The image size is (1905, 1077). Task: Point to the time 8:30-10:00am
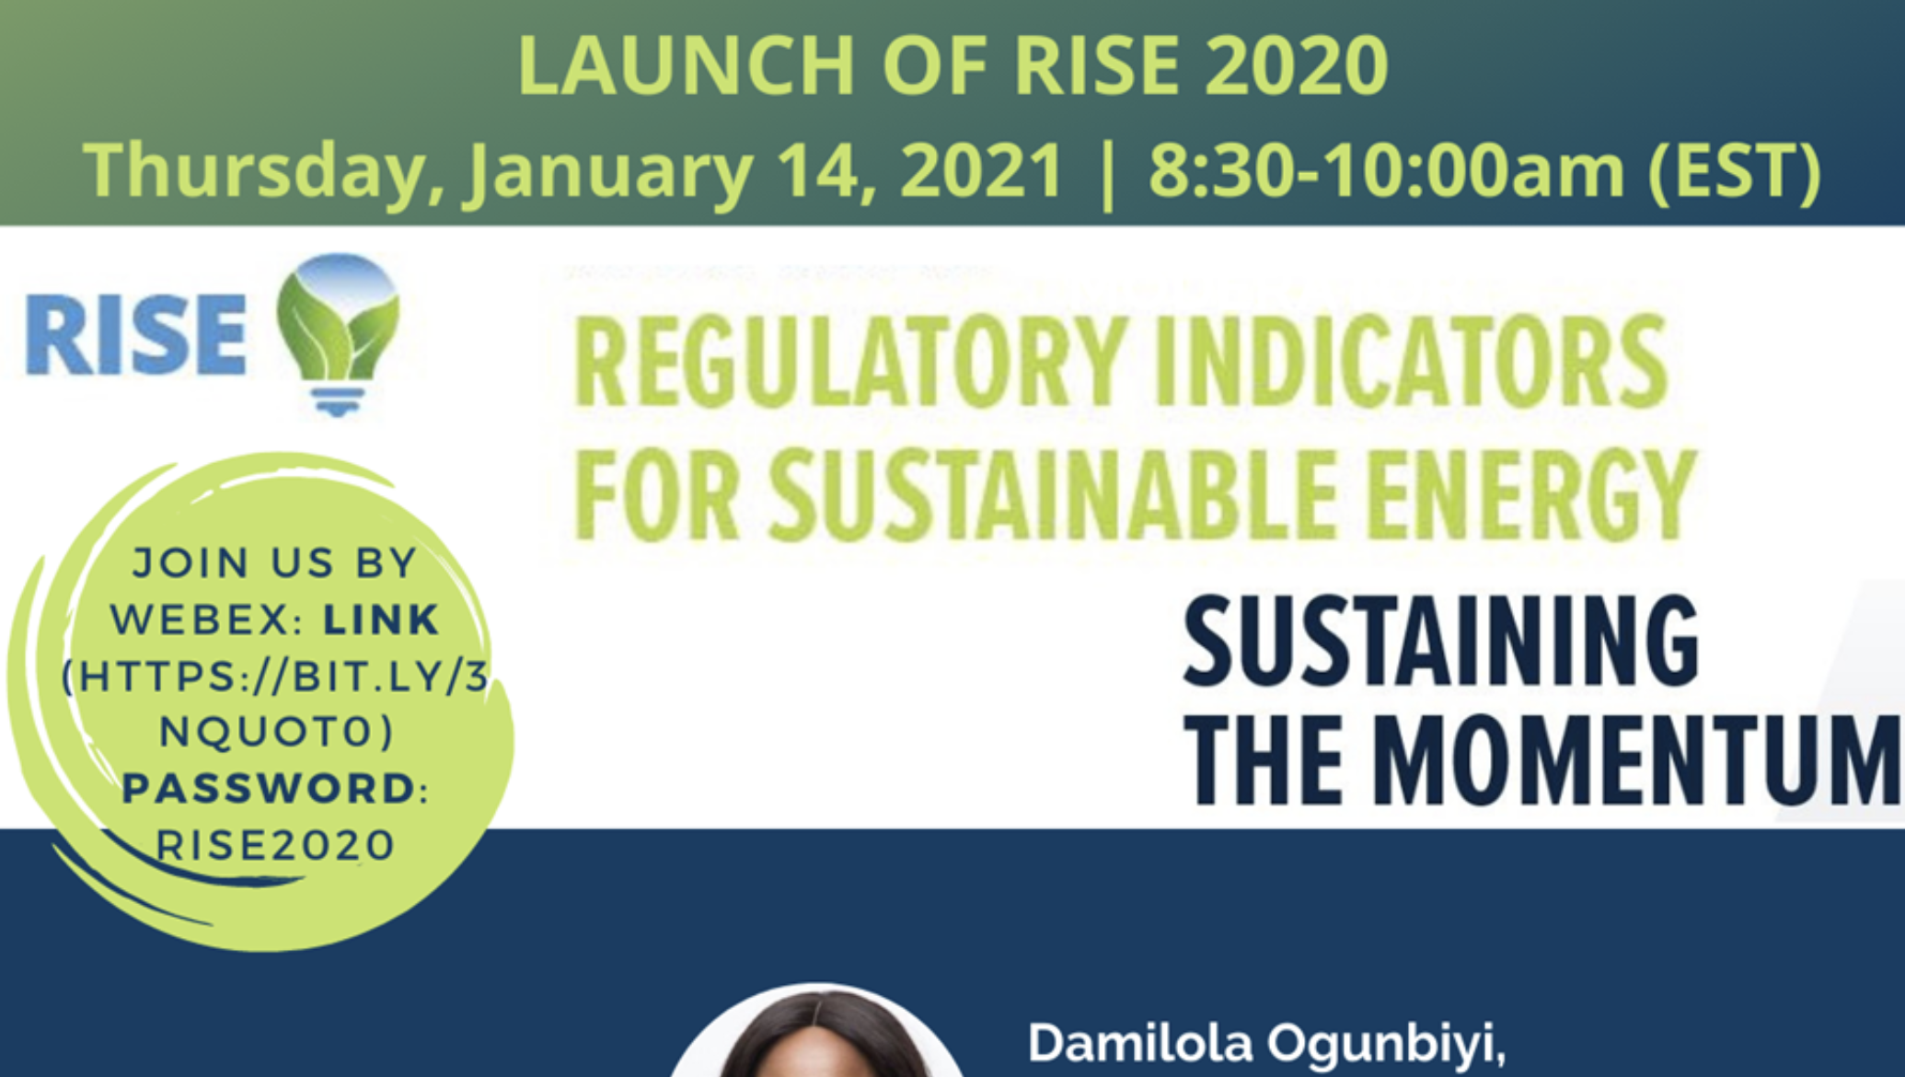[x=1387, y=169]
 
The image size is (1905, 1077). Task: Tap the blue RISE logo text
[x=135, y=334]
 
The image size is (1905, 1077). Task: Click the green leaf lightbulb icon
[x=339, y=334]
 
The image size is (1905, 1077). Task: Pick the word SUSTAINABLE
[x=1054, y=494]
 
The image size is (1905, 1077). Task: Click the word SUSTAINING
[x=1441, y=642]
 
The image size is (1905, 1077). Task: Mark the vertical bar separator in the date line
[x=1107, y=172]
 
